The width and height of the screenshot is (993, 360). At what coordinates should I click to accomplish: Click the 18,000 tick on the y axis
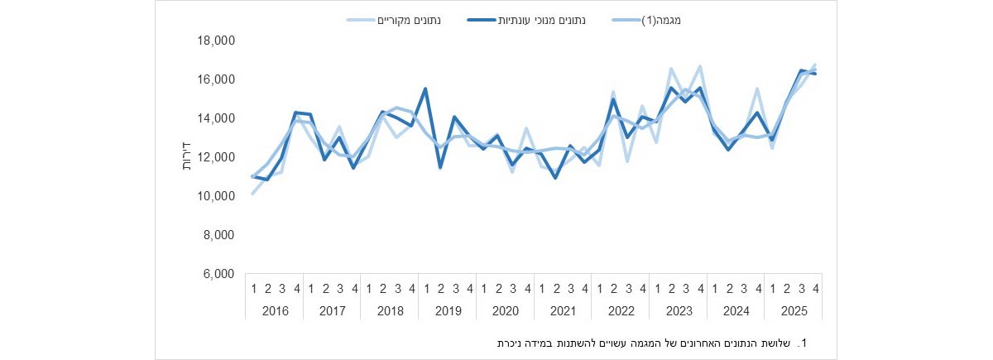(x=219, y=41)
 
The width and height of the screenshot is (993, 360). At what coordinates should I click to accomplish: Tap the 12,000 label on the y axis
(x=219, y=157)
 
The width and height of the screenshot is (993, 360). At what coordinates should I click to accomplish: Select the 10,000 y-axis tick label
(x=219, y=196)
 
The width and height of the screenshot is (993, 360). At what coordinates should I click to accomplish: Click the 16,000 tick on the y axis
(x=219, y=79)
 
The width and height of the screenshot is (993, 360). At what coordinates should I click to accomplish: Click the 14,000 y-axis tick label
(x=219, y=118)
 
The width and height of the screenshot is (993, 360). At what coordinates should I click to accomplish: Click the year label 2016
(x=274, y=311)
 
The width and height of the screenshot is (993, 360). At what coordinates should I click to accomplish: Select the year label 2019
(x=447, y=311)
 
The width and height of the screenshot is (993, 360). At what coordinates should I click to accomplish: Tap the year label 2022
(x=620, y=311)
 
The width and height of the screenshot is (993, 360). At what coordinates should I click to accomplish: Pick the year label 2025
(x=793, y=311)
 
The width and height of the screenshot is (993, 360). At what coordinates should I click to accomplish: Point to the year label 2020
(x=505, y=311)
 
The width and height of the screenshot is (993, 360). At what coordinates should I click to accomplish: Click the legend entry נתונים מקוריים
(x=409, y=19)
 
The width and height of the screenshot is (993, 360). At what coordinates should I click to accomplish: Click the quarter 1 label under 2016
(x=252, y=288)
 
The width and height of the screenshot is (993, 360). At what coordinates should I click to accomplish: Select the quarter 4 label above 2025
(x=815, y=288)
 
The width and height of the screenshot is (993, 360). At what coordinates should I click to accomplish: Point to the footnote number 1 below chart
(x=802, y=342)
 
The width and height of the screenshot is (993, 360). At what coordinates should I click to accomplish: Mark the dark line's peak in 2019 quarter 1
(x=425, y=89)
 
